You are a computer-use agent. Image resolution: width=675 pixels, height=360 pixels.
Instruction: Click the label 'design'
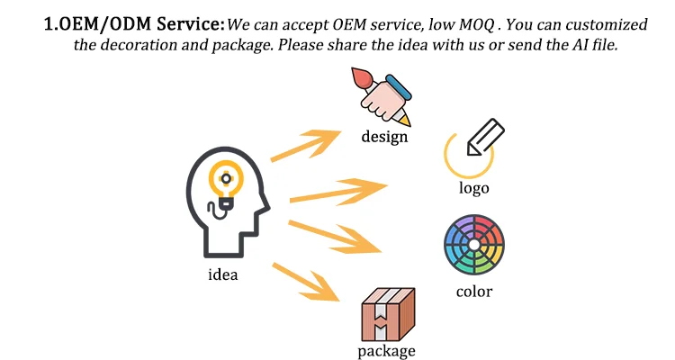point(384,137)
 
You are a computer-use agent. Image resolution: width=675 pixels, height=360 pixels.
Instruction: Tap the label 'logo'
point(473,188)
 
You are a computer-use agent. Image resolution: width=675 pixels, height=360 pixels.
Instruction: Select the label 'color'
point(473,291)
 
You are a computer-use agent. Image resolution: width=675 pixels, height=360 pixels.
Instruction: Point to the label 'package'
point(386,350)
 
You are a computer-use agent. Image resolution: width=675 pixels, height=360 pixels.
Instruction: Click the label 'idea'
point(222,274)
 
